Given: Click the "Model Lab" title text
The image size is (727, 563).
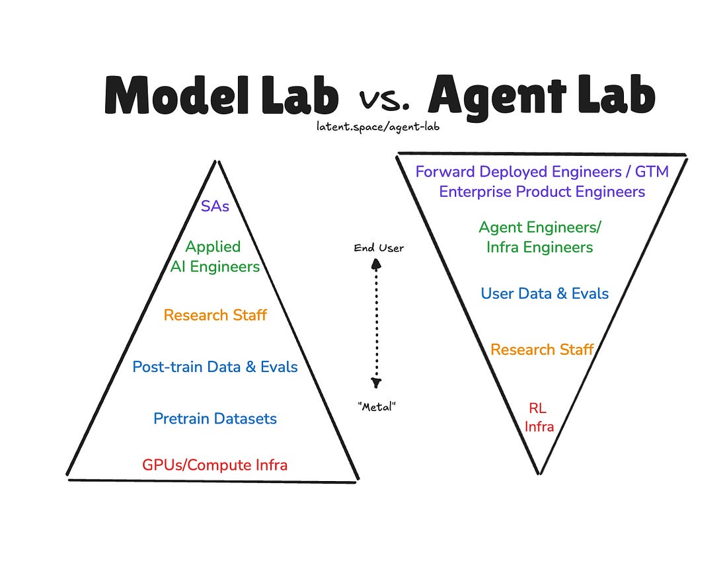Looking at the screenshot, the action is pos(221,96).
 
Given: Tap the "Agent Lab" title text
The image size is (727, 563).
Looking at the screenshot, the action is pos(541,96).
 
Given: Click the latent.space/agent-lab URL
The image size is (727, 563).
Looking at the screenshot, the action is pos(378,126).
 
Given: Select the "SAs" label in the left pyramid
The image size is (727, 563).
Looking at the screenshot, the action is pos(215,206).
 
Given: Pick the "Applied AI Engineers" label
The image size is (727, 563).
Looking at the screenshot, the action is pos(215,256).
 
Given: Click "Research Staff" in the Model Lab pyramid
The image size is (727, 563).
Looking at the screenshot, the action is pos(215,315).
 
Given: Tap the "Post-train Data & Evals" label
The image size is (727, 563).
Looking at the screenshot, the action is pos(215,367).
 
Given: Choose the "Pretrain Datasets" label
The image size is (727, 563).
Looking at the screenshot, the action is pos(215,418).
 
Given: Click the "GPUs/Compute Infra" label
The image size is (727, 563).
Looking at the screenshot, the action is pos(215,465).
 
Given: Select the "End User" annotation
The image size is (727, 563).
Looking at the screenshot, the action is pos(379,248).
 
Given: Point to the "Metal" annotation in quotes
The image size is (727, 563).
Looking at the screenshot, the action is pos(377,407).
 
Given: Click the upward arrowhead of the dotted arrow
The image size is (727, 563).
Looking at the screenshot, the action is pos(377,264).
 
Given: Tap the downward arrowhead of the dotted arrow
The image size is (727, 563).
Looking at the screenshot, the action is pos(377,383).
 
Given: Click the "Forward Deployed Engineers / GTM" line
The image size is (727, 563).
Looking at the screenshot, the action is pos(542,172).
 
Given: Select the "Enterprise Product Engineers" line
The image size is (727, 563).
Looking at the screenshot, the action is pos(542,192).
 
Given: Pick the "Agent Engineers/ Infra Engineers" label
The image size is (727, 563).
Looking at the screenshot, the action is pos(540,237).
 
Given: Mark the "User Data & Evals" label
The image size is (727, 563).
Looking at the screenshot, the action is pos(545,293).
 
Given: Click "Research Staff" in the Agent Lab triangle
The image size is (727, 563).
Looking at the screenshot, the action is pos(542,349).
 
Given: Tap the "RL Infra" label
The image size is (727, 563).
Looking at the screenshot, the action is pos(539,418).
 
